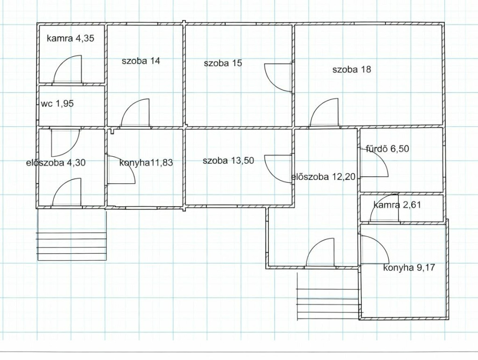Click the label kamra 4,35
pyautogui.click(x=70, y=38)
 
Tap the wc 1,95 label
pyautogui.click(x=57, y=104)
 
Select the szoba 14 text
pyautogui.click(x=141, y=61)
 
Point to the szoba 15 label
pyautogui.click(x=223, y=63)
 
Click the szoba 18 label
pyautogui.click(x=352, y=69)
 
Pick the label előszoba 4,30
pyautogui.click(x=56, y=162)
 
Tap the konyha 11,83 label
pyautogui.click(x=146, y=163)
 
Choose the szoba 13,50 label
pyautogui.click(x=228, y=160)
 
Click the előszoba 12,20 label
pyautogui.click(x=324, y=177)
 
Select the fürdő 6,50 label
pyautogui.click(x=387, y=149)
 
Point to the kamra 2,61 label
pyautogui.click(x=397, y=205)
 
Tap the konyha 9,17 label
pyautogui.click(x=409, y=268)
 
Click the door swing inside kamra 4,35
pyautogui.click(x=68, y=69)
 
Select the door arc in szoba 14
pyautogui.click(x=135, y=112)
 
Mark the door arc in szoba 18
pyautogui.click(x=324, y=112)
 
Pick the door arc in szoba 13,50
pyautogui.click(x=278, y=169)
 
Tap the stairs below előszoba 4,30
pyautogui.click(x=72, y=235)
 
